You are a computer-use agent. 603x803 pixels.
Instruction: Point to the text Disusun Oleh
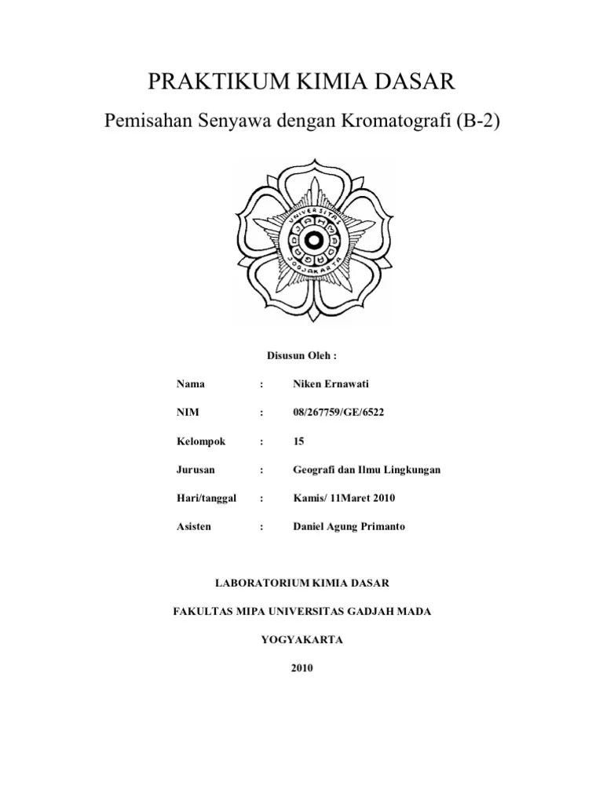(301, 355)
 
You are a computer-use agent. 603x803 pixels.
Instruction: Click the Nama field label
(191, 384)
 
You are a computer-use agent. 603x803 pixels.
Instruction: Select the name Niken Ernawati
(330, 384)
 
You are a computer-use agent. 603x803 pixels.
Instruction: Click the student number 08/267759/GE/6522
(339, 412)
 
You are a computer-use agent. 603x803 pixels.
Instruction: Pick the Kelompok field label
(201, 441)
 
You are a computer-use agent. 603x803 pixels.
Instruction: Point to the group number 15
(298, 441)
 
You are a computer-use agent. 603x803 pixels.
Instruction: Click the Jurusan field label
(196, 469)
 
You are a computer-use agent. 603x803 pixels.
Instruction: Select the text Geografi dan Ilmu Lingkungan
(367, 469)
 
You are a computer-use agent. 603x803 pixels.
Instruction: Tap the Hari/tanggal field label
(207, 498)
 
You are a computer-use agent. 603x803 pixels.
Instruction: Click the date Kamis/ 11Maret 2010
(344, 498)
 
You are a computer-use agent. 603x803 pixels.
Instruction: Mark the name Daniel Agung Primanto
(349, 526)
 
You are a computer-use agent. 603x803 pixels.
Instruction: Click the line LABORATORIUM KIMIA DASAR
(301, 583)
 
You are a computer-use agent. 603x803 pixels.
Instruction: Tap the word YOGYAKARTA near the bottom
(301, 639)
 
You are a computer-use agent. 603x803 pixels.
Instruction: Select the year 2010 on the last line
(301, 668)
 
